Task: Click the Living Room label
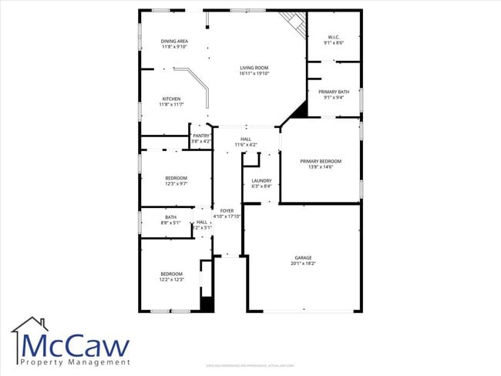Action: click(x=253, y=68)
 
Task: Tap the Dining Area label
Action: click(x=174, y=41)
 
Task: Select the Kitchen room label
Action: click(x=171, y=99)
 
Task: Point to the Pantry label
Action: click(x=200, y=136)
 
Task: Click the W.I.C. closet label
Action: click(x=334, y=37)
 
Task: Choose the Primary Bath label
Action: click(x=334, y=92)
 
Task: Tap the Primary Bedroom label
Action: click(x=321, y=161)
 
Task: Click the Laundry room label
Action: click(x=261, y=181)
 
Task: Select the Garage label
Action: click(x=303, y=257)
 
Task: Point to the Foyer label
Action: click(x=227, y=210)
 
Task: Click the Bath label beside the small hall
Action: click(x=170, y=217)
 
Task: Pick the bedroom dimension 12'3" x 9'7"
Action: click(x=176, y=183)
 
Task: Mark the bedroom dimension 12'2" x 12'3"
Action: click(x=171, y=279)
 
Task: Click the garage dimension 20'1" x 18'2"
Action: click(x=303, y=264)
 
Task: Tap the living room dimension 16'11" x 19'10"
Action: click(x=253, y=74)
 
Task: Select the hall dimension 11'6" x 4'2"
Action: click(x=245, y=145)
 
